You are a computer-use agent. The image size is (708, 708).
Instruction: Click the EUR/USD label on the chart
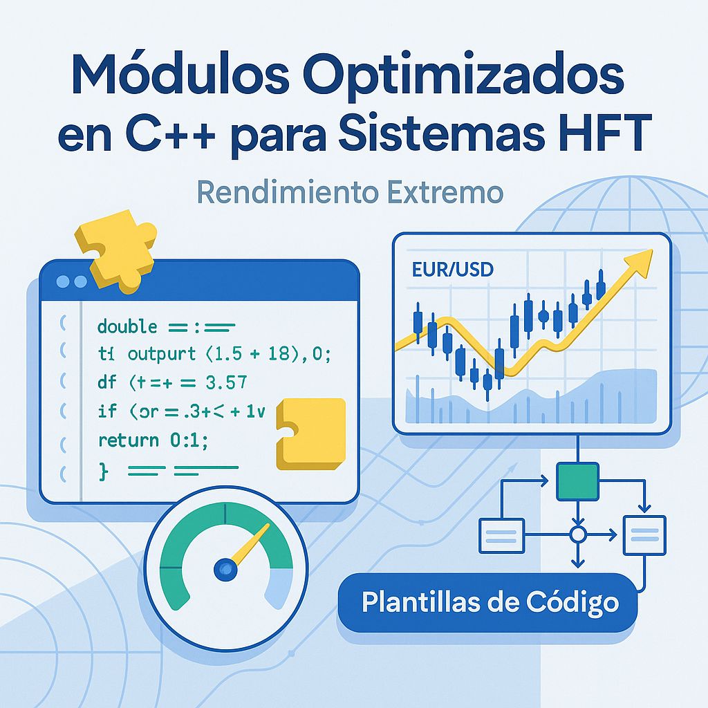pyautogui.click(x=452, y=269)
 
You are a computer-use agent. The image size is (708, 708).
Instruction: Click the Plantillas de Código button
pyautogui.click(x=490, y=602)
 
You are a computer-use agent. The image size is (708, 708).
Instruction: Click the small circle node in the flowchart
pyautogui.click(x=577, y=534)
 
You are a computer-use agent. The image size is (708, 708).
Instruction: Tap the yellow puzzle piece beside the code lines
pyautogui.click(x=311, y=433)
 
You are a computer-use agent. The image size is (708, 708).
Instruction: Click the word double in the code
pyautogui.click(x=128, y=326)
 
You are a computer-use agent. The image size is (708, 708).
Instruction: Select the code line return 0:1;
pyautogui.click(x=153, y=440)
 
